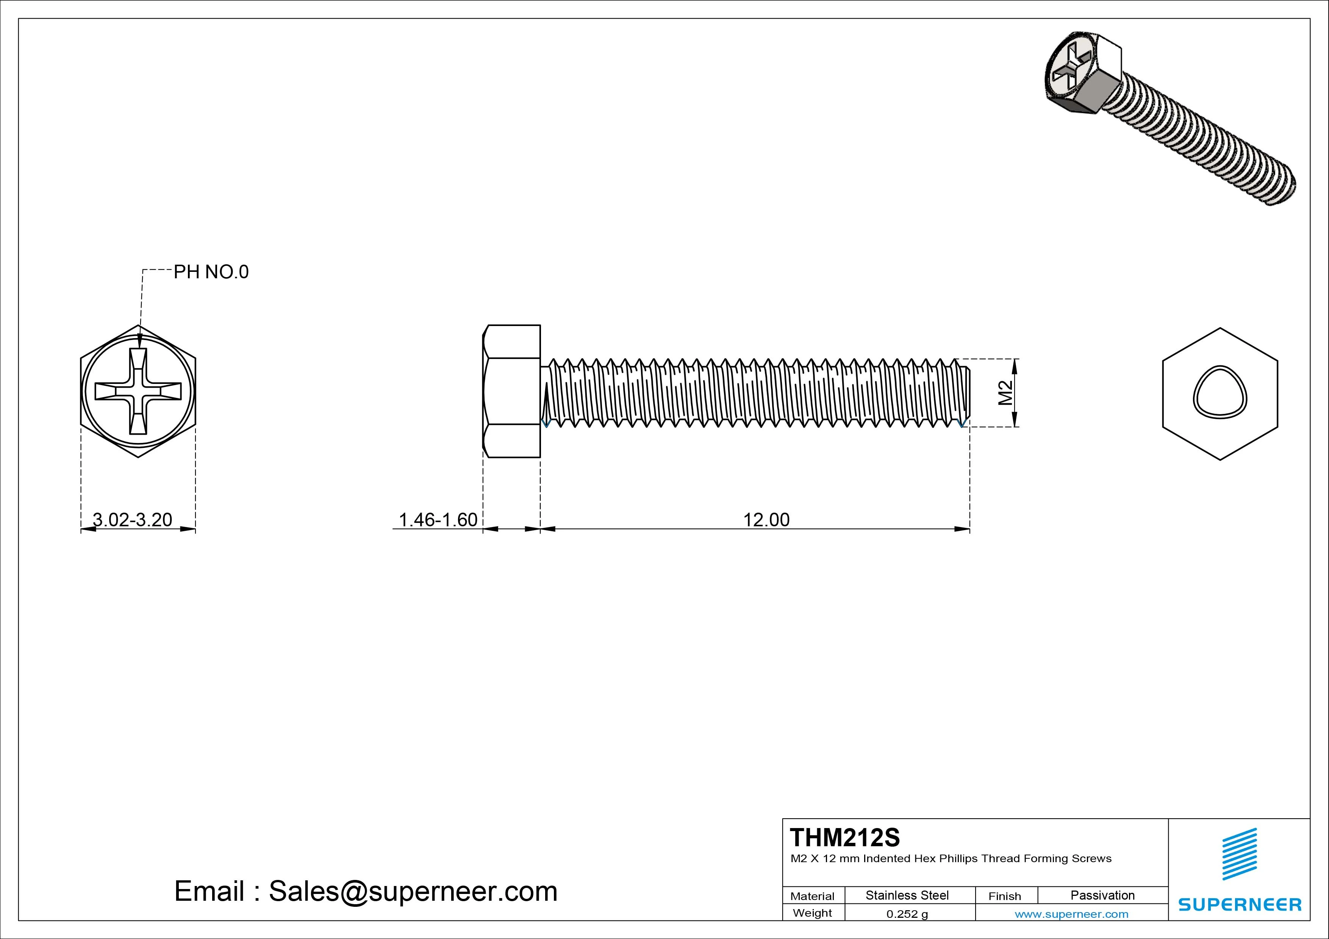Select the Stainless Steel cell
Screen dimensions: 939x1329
pyautogui.click(x=907, y=895)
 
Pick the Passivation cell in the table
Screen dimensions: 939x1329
pyautogui.click(x=1102, y=895)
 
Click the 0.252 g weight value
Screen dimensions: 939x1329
pyautogui.click(x=907, y=914)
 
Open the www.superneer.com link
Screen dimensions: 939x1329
pyautogui.click(x=1071, y=914)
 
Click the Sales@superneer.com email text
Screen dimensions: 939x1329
pyautogui.click(x=412, y=892)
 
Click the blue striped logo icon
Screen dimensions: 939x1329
pyautogui.click(x=1239, y=854)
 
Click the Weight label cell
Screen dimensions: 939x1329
pyautogui.click(x=812, y=913)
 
